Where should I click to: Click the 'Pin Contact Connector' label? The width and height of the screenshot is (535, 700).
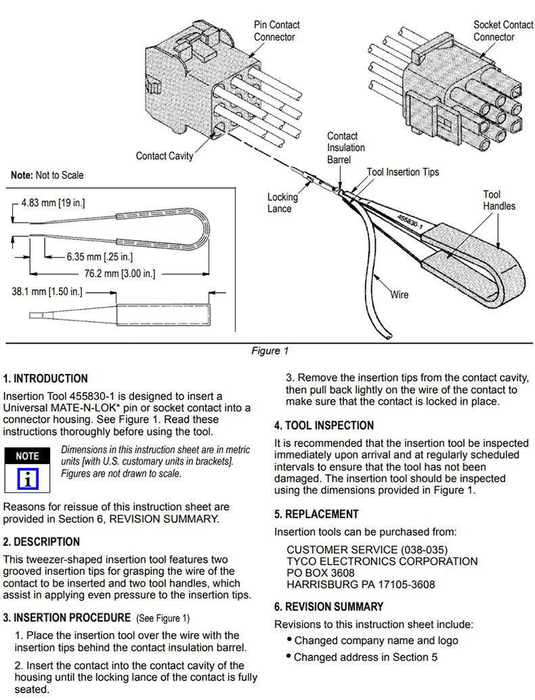tap(276, 30)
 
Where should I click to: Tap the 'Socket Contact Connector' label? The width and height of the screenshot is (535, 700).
tap(502, 30)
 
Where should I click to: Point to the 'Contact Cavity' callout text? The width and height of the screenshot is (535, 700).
tap(165, 156)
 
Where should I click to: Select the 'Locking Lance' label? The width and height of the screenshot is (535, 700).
tap(282, 203)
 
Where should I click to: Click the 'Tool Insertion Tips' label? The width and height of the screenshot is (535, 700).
tap(403, 172)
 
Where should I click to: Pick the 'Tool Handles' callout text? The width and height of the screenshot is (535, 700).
tap(498, 200)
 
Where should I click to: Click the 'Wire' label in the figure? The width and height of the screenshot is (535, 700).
tap(400, 295)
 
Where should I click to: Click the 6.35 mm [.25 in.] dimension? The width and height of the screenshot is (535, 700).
tap(99, 256)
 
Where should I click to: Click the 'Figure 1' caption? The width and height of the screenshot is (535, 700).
tap(270, 350)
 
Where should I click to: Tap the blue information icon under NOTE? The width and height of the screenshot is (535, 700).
tap(27, 478)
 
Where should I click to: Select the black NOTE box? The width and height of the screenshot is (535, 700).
tap(27, 456)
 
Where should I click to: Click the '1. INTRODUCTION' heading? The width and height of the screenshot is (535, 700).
tap(45, 379)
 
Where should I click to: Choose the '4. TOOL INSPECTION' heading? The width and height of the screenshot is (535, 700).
tap(324, 425)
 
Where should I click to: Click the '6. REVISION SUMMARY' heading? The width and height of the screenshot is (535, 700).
tap(328, 607)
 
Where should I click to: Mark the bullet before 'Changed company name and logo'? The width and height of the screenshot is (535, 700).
tap(290, 640)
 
